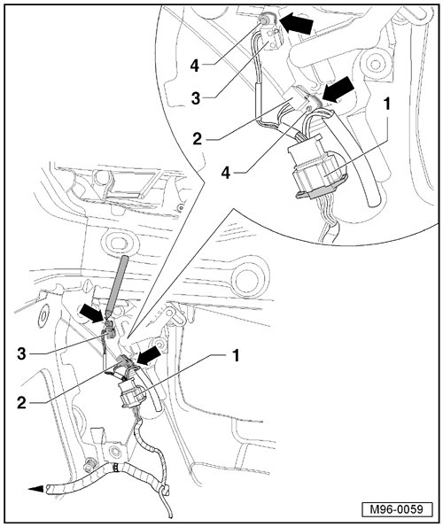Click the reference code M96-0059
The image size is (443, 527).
coord(397,509)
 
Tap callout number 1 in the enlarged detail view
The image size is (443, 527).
coord(387,105)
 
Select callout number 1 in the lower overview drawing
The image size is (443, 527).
coord(236,355)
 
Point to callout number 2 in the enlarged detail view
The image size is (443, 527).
coord(197,139)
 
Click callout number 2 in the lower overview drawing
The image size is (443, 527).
coord(21,403)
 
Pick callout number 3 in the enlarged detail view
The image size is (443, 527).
coord(196,98)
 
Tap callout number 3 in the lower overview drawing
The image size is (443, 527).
coord(21,354)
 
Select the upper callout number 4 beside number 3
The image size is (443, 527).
coord(195,66)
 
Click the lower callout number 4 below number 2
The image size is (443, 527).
coord(226,173)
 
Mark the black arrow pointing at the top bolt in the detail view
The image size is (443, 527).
coord(297,24)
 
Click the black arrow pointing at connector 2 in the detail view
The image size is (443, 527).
coord(338,89)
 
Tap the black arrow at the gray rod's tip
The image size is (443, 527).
coord(92,313)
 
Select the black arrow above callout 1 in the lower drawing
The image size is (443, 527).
coord(149,355)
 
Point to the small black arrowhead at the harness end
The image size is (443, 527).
coord(36,489)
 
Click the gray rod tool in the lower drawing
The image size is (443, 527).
coord(117,286)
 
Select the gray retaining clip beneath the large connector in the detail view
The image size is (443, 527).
coord(321,191)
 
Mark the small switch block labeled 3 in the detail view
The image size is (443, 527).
coord(275,39)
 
